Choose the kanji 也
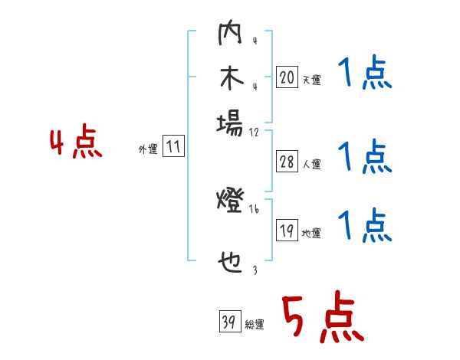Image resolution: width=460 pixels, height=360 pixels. pos(229,265)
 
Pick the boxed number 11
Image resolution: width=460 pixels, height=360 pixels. pos(174,147)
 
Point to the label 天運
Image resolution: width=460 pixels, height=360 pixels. pos(312,80)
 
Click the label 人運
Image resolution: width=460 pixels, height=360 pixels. pos(312,164)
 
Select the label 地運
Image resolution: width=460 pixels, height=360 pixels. pos(312,234)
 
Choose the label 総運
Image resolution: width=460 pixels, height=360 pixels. pos(254,325)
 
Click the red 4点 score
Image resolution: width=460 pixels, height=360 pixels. pos(76,143)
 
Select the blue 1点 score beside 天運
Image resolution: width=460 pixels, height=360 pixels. pos(364,74)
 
